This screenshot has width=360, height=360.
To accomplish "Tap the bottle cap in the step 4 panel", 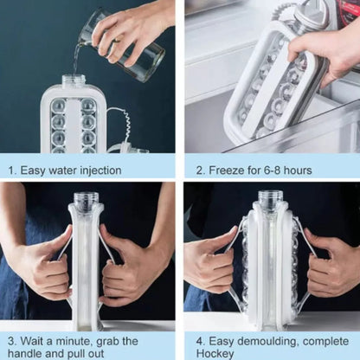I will (270, 200).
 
